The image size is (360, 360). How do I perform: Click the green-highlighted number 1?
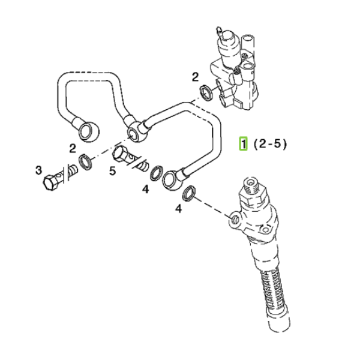tap(244, 144)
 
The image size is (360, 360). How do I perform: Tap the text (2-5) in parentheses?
tap(271, 144)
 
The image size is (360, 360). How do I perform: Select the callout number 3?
tap(38, 170)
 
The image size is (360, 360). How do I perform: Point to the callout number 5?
tap(113, 171)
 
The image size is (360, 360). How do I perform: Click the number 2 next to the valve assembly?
tap(195, 77)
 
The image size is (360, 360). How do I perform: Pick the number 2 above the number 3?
tap(73, 149)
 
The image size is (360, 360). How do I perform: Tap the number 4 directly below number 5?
tap(146, 190)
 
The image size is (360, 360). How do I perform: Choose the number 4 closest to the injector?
tap(178, 209)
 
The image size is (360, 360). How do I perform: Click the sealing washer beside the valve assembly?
tap(206, 92)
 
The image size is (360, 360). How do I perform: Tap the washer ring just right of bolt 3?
tap(86, 162)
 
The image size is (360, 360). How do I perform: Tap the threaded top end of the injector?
tap(252, 184)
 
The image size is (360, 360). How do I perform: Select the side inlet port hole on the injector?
tap(235, 220)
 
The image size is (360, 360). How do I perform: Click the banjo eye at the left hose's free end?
tap(88, 131)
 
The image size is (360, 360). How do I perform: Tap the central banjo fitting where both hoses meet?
tap(135, 133)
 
